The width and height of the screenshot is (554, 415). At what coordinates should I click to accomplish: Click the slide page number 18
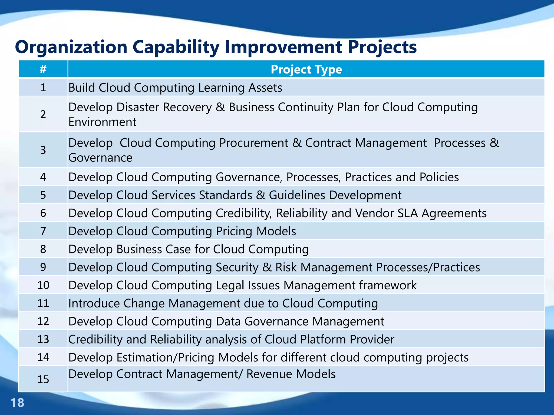pos(17,403)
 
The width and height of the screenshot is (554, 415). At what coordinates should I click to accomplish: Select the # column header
pos(43,69)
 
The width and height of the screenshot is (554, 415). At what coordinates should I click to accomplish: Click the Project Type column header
pos(306,69)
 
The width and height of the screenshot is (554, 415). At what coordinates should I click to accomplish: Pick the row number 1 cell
pos(43,88)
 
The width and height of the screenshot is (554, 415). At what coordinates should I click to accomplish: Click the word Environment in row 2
pos(102,122)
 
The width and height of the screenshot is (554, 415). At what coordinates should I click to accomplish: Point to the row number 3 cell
pos(43,150)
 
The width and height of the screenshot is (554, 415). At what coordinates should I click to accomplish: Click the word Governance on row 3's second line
pos(100,158)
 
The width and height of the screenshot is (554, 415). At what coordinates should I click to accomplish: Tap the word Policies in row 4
pos(439,177)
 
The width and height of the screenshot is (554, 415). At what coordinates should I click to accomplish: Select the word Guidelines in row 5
pos(297,195)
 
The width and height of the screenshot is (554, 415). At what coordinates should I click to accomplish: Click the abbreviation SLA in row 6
pos(408,213)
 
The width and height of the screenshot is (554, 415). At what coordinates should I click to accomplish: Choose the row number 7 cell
pos(43,231)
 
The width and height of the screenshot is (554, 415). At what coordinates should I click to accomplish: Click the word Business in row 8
pos(139,249)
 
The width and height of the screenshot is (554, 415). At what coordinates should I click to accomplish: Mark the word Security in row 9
pos(237,267)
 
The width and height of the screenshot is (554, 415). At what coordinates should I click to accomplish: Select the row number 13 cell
pos(43,339)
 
